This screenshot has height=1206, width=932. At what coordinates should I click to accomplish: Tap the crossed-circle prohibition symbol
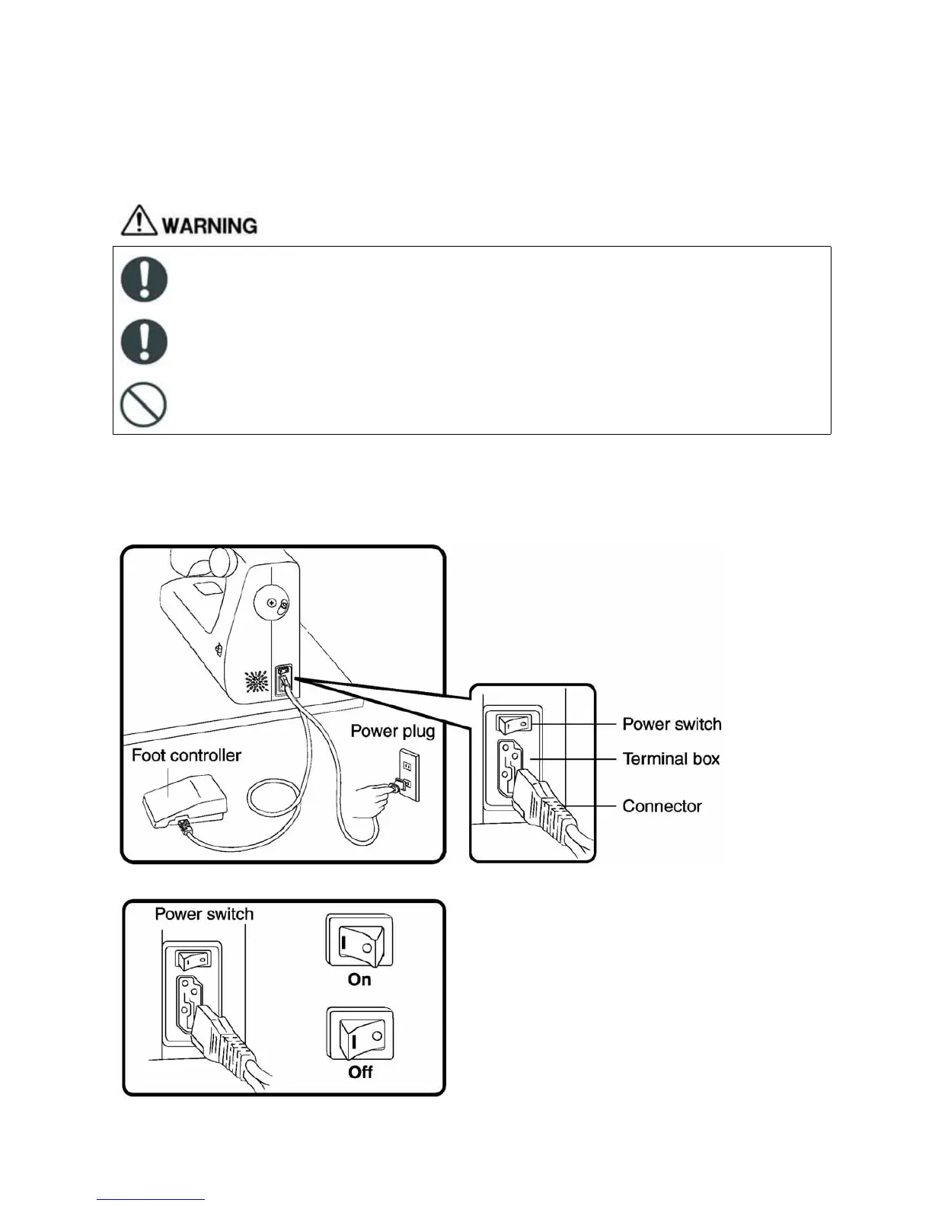[x=144, y=404]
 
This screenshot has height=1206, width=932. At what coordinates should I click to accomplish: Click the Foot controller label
[x=186, y=755]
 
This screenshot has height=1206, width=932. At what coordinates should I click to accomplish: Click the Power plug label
[x=392, y=731]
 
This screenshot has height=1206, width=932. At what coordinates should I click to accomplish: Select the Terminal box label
[x=671, y=759]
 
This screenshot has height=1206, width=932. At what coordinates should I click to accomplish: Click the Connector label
[x=662, y=806]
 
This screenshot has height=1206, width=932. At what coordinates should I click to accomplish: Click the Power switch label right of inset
[x=672, y=724]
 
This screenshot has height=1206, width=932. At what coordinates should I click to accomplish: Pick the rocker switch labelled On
[x=359, y=941]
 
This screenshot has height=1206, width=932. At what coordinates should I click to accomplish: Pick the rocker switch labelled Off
[x=359, y=1033]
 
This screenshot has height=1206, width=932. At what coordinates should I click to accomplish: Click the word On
[x=359, y=980]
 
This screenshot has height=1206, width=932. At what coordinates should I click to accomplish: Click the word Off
[x=360, y=1072]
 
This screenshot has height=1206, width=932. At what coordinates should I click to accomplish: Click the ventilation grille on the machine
[x=256, y=681]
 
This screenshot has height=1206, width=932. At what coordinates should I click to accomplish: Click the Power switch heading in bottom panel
[x=204, y=914]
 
